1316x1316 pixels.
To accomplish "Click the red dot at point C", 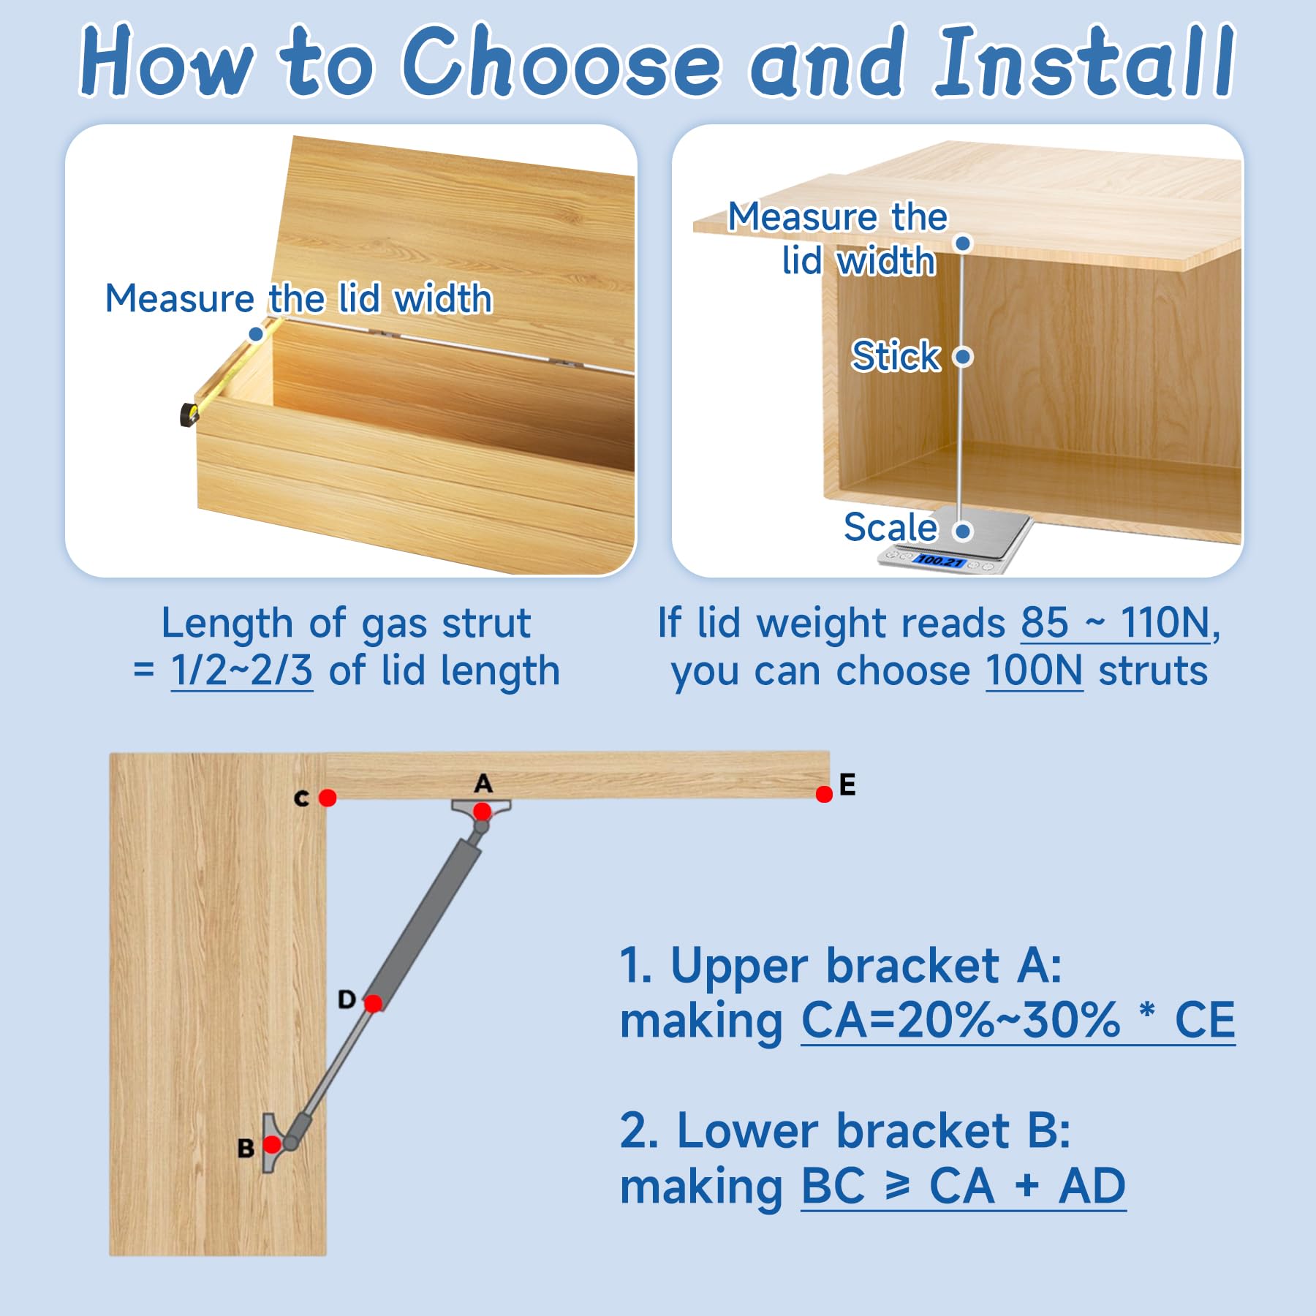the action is pos(328,798).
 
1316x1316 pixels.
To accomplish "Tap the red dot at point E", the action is pos(824,794).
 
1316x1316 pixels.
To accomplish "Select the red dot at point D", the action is pos(373,1004).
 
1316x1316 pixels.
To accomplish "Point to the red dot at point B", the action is pos(272,1144).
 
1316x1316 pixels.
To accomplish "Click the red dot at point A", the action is pos(482,812).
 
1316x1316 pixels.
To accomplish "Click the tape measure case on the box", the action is pos(189,415).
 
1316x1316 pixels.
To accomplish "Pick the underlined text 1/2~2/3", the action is pos(242,670).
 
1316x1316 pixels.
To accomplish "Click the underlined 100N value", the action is pos(1035,670).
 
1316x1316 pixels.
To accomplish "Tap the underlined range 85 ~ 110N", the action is pos(1116,623).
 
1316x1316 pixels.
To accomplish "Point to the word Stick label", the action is pos(896,356).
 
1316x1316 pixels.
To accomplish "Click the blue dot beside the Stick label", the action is pos(964,357).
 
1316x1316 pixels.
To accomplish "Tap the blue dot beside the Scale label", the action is pos(964,531).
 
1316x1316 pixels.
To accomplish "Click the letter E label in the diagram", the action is pos(847,784).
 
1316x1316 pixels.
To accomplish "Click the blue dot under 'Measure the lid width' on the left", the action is pos(256,334).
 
